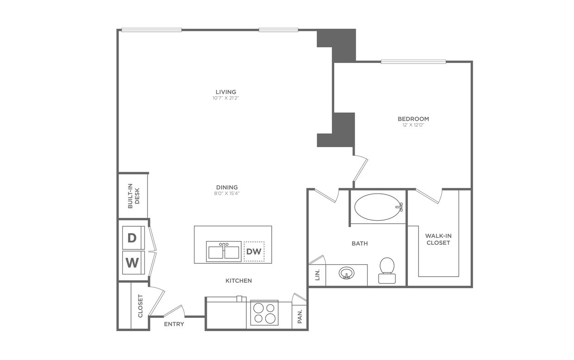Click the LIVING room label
pos(226,92)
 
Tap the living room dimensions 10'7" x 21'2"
pos(226,98)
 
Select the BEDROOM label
pos(413,119)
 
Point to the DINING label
pos(227,187)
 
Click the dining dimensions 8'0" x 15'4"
pos(227,193)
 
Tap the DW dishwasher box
pos(254,252)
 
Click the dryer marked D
pos(133,238)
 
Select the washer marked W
pos(133,262)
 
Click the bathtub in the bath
pos(378,207)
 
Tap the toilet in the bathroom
pos(387,270)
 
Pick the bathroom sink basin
pos(345,273)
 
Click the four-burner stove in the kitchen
pos(265,313)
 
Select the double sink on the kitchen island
pos(224,252)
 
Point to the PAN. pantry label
pos(300,316)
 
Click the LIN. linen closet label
pos(318,276)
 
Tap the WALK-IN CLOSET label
pos(438,239)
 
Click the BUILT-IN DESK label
pos(133,196)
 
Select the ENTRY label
pos(174,324)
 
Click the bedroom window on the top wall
pos(413,62)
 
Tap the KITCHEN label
pos(238,280)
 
